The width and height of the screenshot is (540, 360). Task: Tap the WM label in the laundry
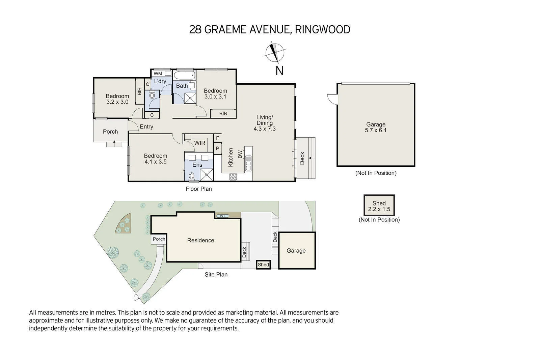(x=158, y=74)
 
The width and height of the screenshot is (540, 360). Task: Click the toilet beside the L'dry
(x=152, y=96)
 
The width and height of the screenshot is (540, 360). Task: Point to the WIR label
(x=199, y=143)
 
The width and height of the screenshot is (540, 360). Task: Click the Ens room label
(x=197, y=165)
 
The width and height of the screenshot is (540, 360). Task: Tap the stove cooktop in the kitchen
(x=233, y=176)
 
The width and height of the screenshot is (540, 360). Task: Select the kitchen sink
(x=248, y=163)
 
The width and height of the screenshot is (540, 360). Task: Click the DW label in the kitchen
(x=240, y=154)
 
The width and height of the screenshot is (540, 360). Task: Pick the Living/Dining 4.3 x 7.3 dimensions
(x=265, y=129)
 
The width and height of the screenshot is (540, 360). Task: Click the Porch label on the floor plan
(x=110, y=132)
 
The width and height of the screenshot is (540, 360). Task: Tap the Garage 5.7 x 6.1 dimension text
(x=376, y=130)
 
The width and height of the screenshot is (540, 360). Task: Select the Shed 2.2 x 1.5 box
(x=379, y=206)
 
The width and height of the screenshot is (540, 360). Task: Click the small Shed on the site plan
(x=263, y=265)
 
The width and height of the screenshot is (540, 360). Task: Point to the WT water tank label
(x=222, y=216)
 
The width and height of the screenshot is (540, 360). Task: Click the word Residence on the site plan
(x=200, y=240)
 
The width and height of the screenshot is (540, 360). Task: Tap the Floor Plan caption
(x=199, y=189)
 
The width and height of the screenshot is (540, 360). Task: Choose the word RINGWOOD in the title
(x=322, y=30)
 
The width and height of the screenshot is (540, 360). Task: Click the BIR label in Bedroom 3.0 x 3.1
(x=223, y=114)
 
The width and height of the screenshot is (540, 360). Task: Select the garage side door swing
(x=332, y=98)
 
